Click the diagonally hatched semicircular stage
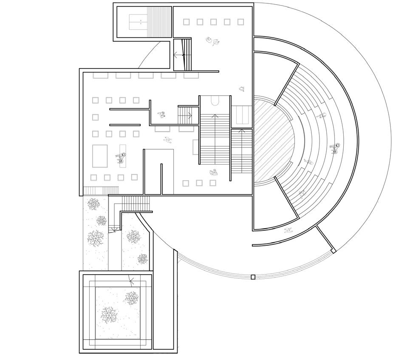click(274, 140)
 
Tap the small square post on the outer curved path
click(253, 277)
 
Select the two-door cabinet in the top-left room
click(139, 20)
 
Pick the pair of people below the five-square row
click(212, 41)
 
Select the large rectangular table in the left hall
click(100, 157)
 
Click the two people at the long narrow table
click(121, 159)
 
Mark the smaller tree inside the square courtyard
click(131, 297)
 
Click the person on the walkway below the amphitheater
click(288, 230)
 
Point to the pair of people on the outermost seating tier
click(336, 148)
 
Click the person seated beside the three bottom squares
click(214, 173)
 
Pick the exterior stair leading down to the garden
click(136, 204)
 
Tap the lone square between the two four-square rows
click(96, 117)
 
